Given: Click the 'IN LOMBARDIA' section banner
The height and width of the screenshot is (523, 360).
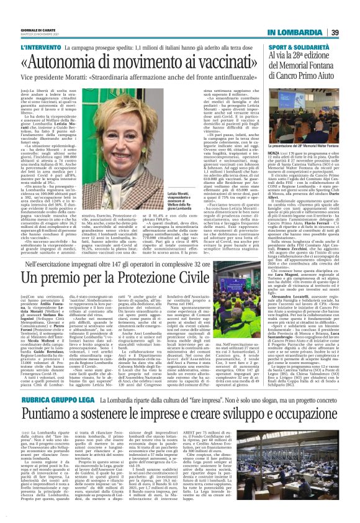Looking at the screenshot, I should pyautogui.click(x=296, y=32).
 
